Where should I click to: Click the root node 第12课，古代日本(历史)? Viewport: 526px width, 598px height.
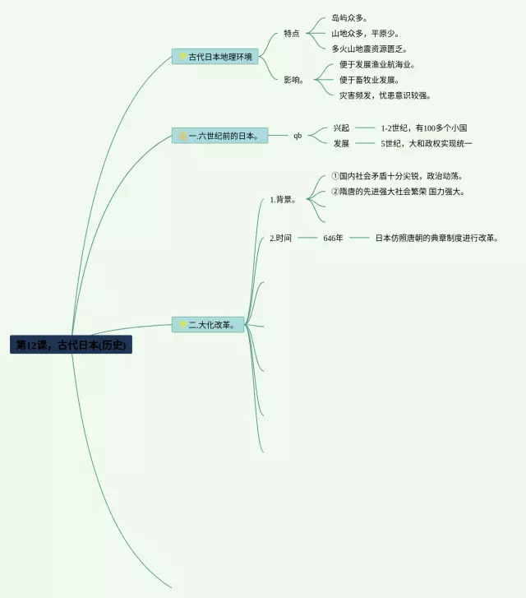[71, 345]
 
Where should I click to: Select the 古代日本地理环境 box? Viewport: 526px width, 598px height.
[216, 57]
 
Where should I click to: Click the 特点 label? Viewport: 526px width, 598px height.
[292, 34]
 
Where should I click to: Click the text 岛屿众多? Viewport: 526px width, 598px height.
[349, 18]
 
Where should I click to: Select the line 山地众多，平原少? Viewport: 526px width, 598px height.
[366, 34]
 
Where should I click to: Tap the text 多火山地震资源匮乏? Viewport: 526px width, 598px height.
[369, 49]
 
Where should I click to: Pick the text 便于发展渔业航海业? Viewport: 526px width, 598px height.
[377, 65]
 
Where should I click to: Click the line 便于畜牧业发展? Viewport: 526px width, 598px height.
[369, 81]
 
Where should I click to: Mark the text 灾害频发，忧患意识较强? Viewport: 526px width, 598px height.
[385, 96]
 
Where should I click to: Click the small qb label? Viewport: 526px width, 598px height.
[298, 136]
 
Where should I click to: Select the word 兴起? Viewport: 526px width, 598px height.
[341, 128]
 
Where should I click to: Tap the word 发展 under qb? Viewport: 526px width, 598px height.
[341, 144]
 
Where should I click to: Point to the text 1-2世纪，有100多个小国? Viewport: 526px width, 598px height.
[424, 128]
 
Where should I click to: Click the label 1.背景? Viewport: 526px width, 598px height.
[283, 199]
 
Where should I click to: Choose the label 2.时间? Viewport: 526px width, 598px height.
[280, 239]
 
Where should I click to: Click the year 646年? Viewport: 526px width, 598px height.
[333, 239]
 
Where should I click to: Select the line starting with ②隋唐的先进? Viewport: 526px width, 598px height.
[398, 192]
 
